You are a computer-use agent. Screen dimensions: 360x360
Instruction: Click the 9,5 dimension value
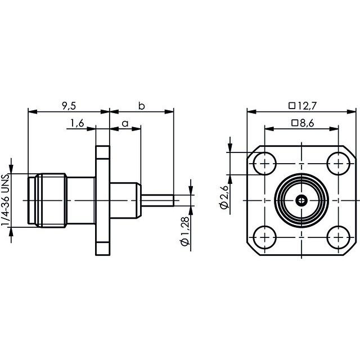(x=69, y=105)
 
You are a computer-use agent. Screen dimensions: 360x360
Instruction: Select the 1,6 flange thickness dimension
(x=77, y=123)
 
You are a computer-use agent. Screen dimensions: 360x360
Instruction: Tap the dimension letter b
(x=142, y=105)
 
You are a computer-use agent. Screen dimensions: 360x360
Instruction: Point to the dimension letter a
(x=125, y=123)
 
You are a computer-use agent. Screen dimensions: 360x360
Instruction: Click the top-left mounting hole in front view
(x=263, y=163)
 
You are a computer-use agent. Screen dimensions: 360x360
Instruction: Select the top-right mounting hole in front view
(x=339, y=163)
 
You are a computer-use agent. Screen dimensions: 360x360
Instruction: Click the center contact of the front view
(x=301, y=200)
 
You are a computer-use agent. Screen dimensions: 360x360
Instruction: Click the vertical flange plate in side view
(x=102, y=200)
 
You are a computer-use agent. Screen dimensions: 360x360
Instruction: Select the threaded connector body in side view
(x=48, y=200)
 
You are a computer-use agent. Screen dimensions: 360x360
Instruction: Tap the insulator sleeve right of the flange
(x=124, y=200)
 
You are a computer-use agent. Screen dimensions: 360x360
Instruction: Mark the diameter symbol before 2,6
(x=223, y=206)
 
